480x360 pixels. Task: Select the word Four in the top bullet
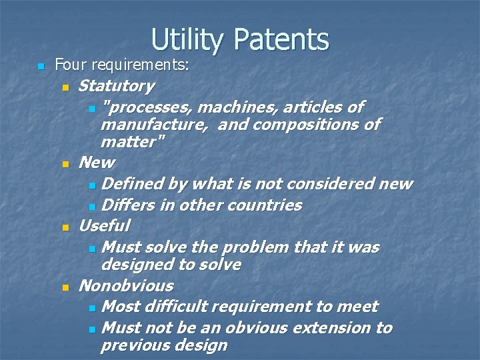click(67, 65)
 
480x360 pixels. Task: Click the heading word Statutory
click(116, 86)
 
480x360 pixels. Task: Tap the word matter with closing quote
click(133, 141)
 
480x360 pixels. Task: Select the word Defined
click(137, 183)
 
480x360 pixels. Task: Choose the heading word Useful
click(104, 225)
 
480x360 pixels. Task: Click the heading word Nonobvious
click(125, 286)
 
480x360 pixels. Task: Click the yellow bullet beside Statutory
click(65, 87)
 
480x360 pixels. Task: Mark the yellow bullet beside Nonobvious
click(65, 287)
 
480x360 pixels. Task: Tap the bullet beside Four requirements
click(41, 66)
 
